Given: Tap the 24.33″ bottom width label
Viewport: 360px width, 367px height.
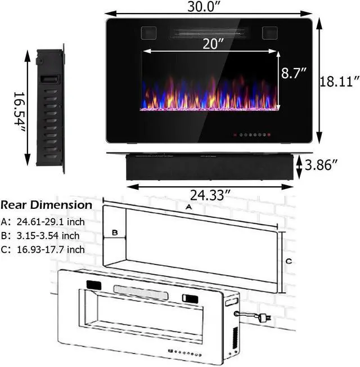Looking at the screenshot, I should (x=209, y=195).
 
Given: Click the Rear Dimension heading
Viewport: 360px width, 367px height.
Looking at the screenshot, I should (x=46, y=205).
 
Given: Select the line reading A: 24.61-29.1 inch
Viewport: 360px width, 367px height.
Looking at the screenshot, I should (x=43, y=222).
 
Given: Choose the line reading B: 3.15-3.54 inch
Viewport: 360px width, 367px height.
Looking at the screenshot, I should (x=40, y=236).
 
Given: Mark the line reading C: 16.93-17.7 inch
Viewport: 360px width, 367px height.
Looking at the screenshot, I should (x=43, y=249).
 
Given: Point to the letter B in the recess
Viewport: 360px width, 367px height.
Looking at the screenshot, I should (x=114, y=232).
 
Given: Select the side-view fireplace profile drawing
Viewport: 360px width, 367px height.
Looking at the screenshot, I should (x=50, y=108).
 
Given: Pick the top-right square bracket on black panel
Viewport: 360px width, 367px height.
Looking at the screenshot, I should (x=269, y=31).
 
